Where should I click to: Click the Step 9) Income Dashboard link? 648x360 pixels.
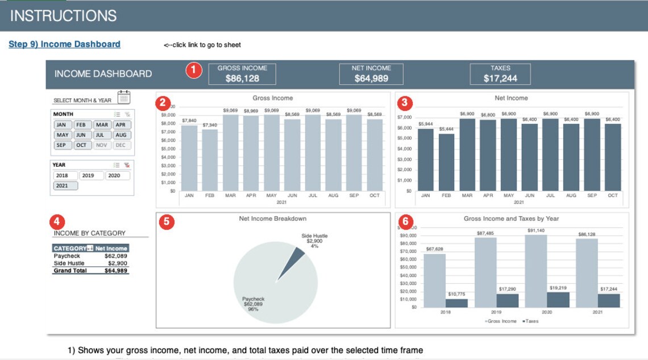pyautogui.click(x=64, y=44)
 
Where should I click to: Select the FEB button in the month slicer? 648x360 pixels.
pyautogui.click(x=81, y=125)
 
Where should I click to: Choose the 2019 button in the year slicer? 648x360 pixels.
pyautogui.click(x=88, y=176)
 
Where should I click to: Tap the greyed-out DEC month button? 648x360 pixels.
pyautogui.click(x=120, y=145)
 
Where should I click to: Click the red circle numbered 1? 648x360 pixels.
pyautogui.click(x=194, y=71)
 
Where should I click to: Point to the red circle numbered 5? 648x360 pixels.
pyautogui.click(x=166, y=222)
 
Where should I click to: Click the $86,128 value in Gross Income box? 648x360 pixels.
pyautogui.click(x=242, y=78)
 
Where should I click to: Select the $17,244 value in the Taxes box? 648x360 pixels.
pyautogui.click(x=500, y=78)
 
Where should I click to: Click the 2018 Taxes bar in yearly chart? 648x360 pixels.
pyautogui.click(x=456, y=303)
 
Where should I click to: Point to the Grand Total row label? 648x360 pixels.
pyautogui.click(x=70, y=271)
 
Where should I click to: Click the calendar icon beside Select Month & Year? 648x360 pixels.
pyautogui.click(x=124, y=97)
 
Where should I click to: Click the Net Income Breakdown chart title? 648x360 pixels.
pyautogui.click(x=273, y=218)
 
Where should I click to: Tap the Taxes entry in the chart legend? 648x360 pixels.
pyautogui.click(x=531, y=321)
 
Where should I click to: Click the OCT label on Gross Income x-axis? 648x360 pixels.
pyautogui.click(x=375, y=195)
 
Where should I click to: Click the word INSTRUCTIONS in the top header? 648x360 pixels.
pyautogui.click(x=63, y=16)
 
